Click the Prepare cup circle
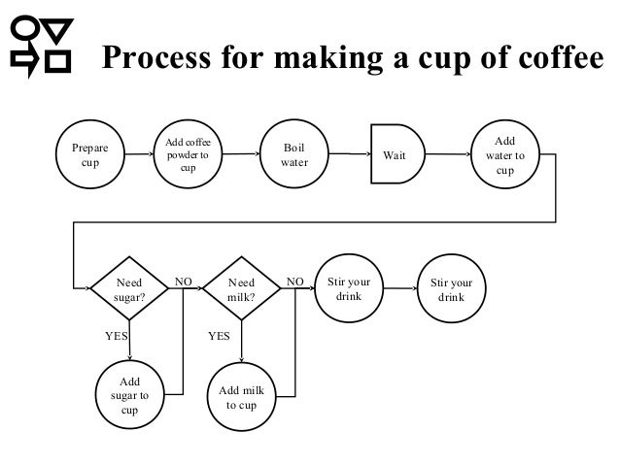(84, 156)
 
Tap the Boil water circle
(293, 156)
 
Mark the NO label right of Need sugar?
(183, 282)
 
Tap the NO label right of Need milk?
(294, 282)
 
